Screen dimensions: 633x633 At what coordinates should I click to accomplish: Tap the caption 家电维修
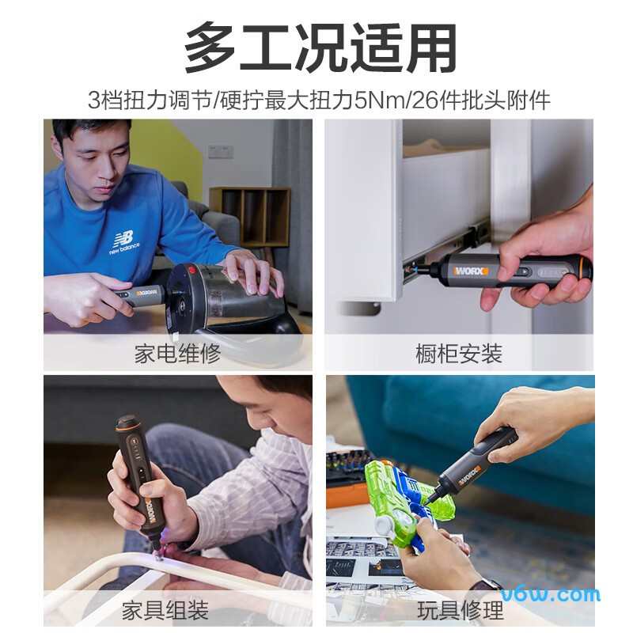coord(177,353)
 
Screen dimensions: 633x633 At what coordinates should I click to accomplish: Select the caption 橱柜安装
coord(458,353)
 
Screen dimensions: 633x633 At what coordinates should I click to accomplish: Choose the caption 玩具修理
coord(460,610)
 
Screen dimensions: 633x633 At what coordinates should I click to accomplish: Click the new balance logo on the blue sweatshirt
coord(123,242)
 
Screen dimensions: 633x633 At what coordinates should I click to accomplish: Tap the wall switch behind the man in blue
coord(220,150)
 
